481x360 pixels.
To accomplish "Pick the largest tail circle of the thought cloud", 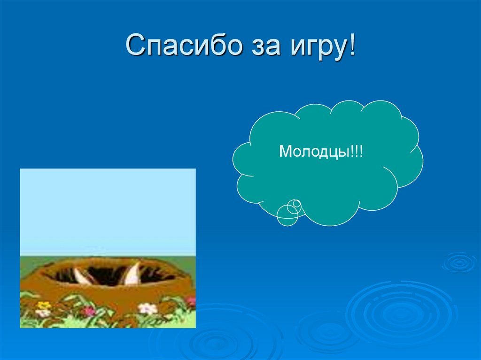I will (x=287, y=215).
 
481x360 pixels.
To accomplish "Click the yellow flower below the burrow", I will (x=44, y=305).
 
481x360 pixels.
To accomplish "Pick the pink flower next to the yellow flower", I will (x=88, y=310).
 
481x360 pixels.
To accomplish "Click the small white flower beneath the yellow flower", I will (x=43, y=313).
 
